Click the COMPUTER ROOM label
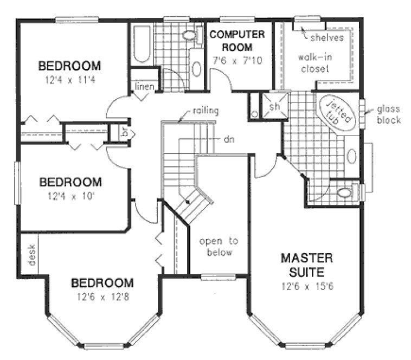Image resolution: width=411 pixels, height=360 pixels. pyautogui.click(x=237, y=41)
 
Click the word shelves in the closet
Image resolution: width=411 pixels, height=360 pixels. pyautogui.click(x=327, y=37)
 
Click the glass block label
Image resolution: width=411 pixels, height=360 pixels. pyautogui.click(x=388, y=114)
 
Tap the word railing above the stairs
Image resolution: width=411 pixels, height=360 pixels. pyautogui.click(x=205, y=112)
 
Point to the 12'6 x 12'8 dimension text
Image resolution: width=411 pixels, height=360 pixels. pyautogui.click(x=102, y=297)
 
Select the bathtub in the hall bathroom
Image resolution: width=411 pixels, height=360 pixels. pyautogui.click(x=141, y=43)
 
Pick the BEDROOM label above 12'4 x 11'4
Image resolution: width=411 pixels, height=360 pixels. pyautogui.click(x=69, y=66)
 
